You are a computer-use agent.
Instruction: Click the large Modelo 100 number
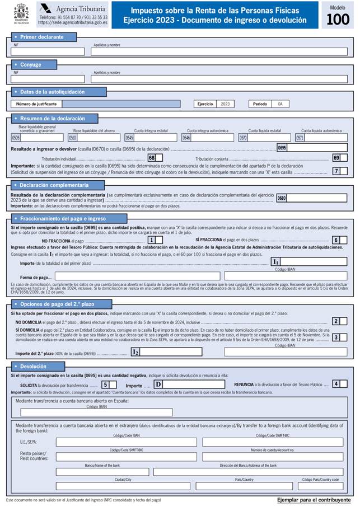click(x=338, y=20)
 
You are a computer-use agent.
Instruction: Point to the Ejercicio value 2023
click(x=225, y=104)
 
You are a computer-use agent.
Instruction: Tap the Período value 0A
click(x=280, y=104)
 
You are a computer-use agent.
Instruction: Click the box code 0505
click(x=16, y=138)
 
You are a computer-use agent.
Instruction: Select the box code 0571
click(x=300, y=138)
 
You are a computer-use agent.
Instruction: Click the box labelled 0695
click(x=282, y=148)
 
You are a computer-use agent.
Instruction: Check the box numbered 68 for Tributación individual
click(x=152, y=158)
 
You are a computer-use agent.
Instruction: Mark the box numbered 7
click(x=336, y=171)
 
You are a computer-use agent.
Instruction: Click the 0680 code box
click(x=282, y=198)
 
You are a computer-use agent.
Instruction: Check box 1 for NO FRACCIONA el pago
click(x=151, y=240)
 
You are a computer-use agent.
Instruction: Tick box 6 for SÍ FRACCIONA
click(x=336, y=240)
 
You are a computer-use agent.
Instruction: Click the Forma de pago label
click(x=36, y=277)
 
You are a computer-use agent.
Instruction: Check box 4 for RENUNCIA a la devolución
click(x=336, y=384)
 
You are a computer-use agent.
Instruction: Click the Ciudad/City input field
click(x=123, y=486)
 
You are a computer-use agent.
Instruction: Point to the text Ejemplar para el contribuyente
click(x=314, y=499)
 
